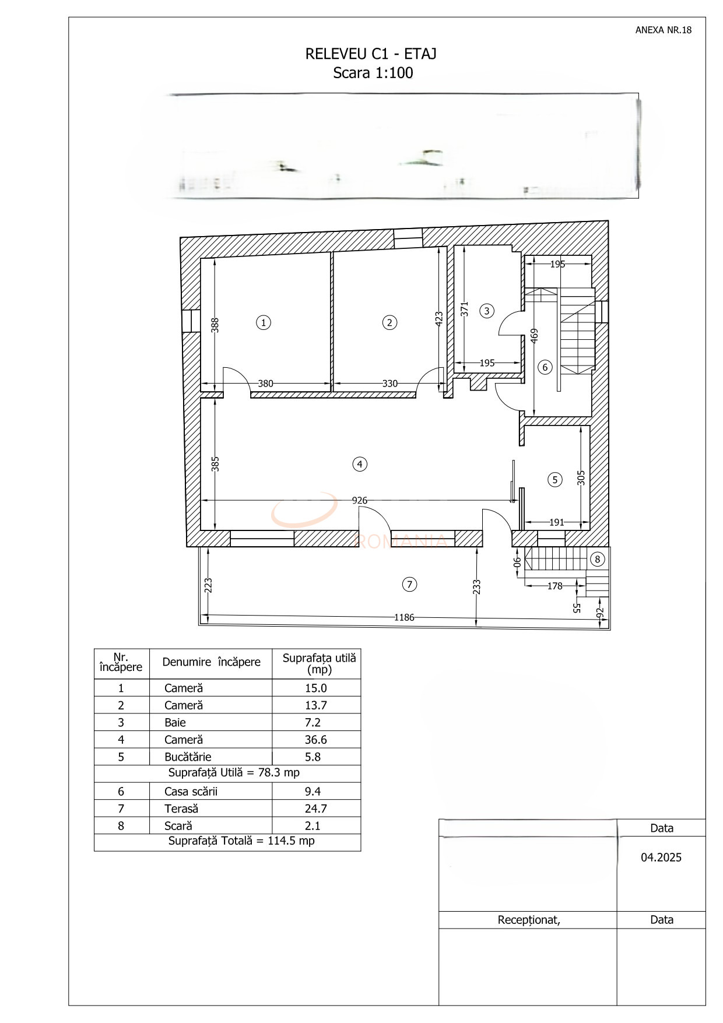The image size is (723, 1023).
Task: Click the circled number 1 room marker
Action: point(264,322)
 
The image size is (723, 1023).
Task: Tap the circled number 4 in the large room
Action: point(360,464)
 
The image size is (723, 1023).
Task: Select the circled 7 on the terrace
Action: point(409,584)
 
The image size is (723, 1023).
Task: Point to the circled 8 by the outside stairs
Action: point(597,560)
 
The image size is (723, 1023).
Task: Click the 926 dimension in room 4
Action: point(360,500)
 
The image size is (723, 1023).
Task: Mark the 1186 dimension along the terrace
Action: point(404,617)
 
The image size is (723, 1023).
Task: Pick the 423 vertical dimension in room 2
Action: point(439,318)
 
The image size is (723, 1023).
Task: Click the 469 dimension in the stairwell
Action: point(534,336)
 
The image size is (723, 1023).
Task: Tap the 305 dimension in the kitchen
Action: point(581,478)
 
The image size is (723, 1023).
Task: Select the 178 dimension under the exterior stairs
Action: point(554,586)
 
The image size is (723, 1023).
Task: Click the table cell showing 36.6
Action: point(316,740)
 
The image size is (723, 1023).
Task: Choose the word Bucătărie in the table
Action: point(188,757)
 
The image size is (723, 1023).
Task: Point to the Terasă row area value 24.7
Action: point(316,808)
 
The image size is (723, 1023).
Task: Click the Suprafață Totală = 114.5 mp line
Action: point(241,841)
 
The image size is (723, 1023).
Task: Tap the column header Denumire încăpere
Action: point(211,662)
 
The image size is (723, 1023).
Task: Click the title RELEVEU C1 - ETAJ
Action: point(371,54)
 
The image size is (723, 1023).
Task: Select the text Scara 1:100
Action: point(373,73)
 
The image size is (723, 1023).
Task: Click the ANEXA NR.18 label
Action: point(663,30)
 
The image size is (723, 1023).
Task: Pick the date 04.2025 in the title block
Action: point(661,857)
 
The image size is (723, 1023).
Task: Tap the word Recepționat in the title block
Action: point(528,920)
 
